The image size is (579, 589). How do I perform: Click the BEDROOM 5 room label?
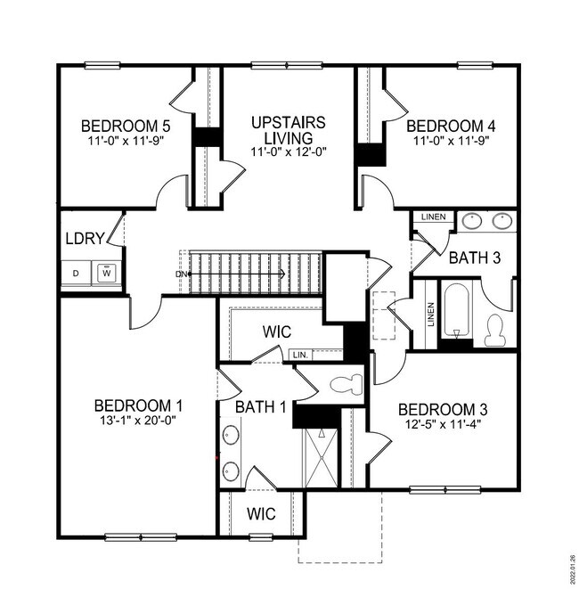tap(126, 125)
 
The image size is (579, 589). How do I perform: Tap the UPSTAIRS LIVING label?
tap(288, 130)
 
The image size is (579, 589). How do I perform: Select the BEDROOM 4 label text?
tap(451, 125)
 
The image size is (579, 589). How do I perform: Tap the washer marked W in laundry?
tap(108, 272)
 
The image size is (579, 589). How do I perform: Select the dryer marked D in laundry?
tap(76, 272)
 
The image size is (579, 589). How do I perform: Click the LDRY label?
tap(86, 238)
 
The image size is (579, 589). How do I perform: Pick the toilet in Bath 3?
tap(495, 331)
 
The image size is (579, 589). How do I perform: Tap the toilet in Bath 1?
tap(345, 386)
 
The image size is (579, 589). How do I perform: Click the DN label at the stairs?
tap(181, 274)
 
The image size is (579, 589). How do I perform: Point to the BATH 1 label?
tap(260, 407)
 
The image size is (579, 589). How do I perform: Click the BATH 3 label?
tap(475, 258)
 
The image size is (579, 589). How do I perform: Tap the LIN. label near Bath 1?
tap(300, 355)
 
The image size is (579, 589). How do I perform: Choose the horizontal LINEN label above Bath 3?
tap(433, 217)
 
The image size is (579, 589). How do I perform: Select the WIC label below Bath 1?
tap(261, 514)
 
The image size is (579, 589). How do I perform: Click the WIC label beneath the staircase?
tap(277, 331)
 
